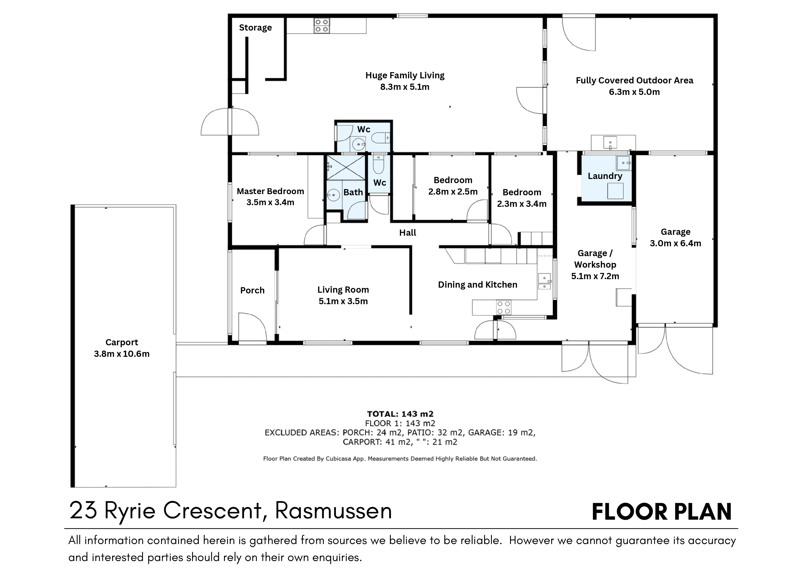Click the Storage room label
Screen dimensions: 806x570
(255, 28)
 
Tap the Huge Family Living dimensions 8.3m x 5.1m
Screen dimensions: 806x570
(405, 87)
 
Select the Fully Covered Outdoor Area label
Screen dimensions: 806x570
(634, 80)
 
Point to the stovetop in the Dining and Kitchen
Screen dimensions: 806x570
(503, 307)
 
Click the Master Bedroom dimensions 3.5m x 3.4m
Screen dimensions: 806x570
(270, 202)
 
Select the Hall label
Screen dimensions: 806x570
(408, 233)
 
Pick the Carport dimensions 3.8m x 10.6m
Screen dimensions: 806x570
(122, 354)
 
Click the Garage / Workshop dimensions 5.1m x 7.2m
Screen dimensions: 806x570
(595, 276)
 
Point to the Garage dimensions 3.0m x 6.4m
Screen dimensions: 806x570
(675, 243)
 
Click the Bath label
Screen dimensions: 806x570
(353, 192)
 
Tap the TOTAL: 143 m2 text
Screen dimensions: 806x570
(400, 414)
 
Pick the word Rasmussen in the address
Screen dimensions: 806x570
(333, 511)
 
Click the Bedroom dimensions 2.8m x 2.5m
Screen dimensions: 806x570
(453, 192)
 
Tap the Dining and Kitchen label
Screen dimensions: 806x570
(477, 285)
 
